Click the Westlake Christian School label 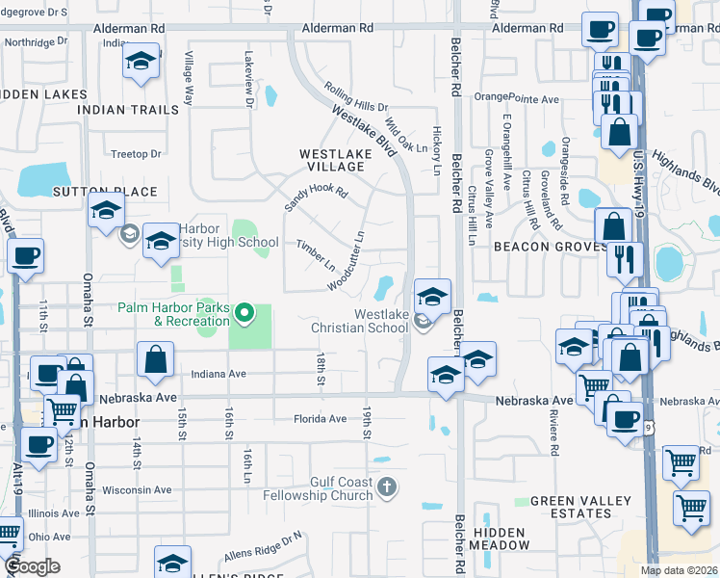tap(354, 321)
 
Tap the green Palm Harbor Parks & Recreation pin tap(244, 312)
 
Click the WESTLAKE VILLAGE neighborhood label tap(331, 160)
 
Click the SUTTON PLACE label tap(105, 192)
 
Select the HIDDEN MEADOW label tap(499, 539)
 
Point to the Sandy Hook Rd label tap(315, 198)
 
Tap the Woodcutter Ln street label tap(347, 260)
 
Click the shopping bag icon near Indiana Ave tap(155, 360)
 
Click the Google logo tap(32, 566)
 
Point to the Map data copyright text tap(680, 570)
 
